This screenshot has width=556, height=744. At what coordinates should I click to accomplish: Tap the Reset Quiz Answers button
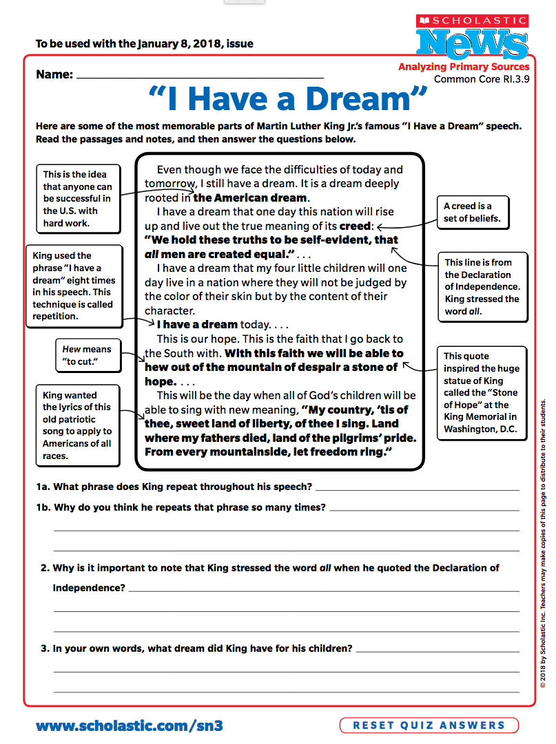[429, 725]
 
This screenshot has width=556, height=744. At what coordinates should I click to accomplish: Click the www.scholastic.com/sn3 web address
[130, 725]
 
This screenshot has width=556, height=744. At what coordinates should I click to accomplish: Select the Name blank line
[200, 76]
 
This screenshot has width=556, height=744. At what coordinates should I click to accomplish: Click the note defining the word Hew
[86, 355]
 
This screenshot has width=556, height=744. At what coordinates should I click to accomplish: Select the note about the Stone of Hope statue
[481, 392]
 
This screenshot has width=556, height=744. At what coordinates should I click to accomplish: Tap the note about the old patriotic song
[76, 425]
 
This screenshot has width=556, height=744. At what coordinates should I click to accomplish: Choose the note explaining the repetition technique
[72, 286]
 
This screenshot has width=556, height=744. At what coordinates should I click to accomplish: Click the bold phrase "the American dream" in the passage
[249, 198]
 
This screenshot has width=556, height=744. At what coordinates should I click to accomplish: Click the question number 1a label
[44, 487]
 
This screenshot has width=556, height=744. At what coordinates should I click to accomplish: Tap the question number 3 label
[45, 648]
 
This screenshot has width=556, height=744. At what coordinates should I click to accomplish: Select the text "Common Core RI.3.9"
[482, 79]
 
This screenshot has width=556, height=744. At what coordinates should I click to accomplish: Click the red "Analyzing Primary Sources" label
[464, 67]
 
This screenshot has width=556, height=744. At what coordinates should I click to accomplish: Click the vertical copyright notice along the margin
[543, 544]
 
